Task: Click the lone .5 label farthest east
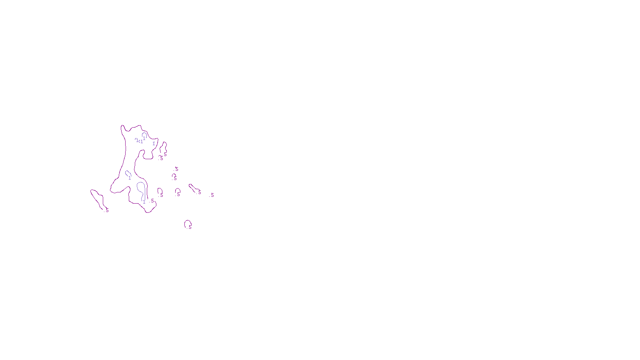(212, 195)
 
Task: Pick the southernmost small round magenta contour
(187, 223)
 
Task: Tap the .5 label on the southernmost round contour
(190, 227)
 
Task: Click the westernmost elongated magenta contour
(97, 199)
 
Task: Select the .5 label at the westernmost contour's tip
(107, 210)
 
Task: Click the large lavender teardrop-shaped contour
(141, 190)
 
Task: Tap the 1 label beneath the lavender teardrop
(144, 202)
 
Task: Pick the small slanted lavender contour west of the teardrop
(128, 174)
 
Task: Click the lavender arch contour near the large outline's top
(144, 135)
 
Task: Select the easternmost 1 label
(154, 144)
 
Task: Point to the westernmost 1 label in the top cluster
(137, 140)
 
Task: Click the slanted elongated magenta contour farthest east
(194, 188)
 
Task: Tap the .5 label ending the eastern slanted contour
(200, 192)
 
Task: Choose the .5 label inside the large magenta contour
(152, 201)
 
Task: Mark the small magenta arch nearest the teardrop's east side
(159, 191)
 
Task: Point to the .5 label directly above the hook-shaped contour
(176, 169)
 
